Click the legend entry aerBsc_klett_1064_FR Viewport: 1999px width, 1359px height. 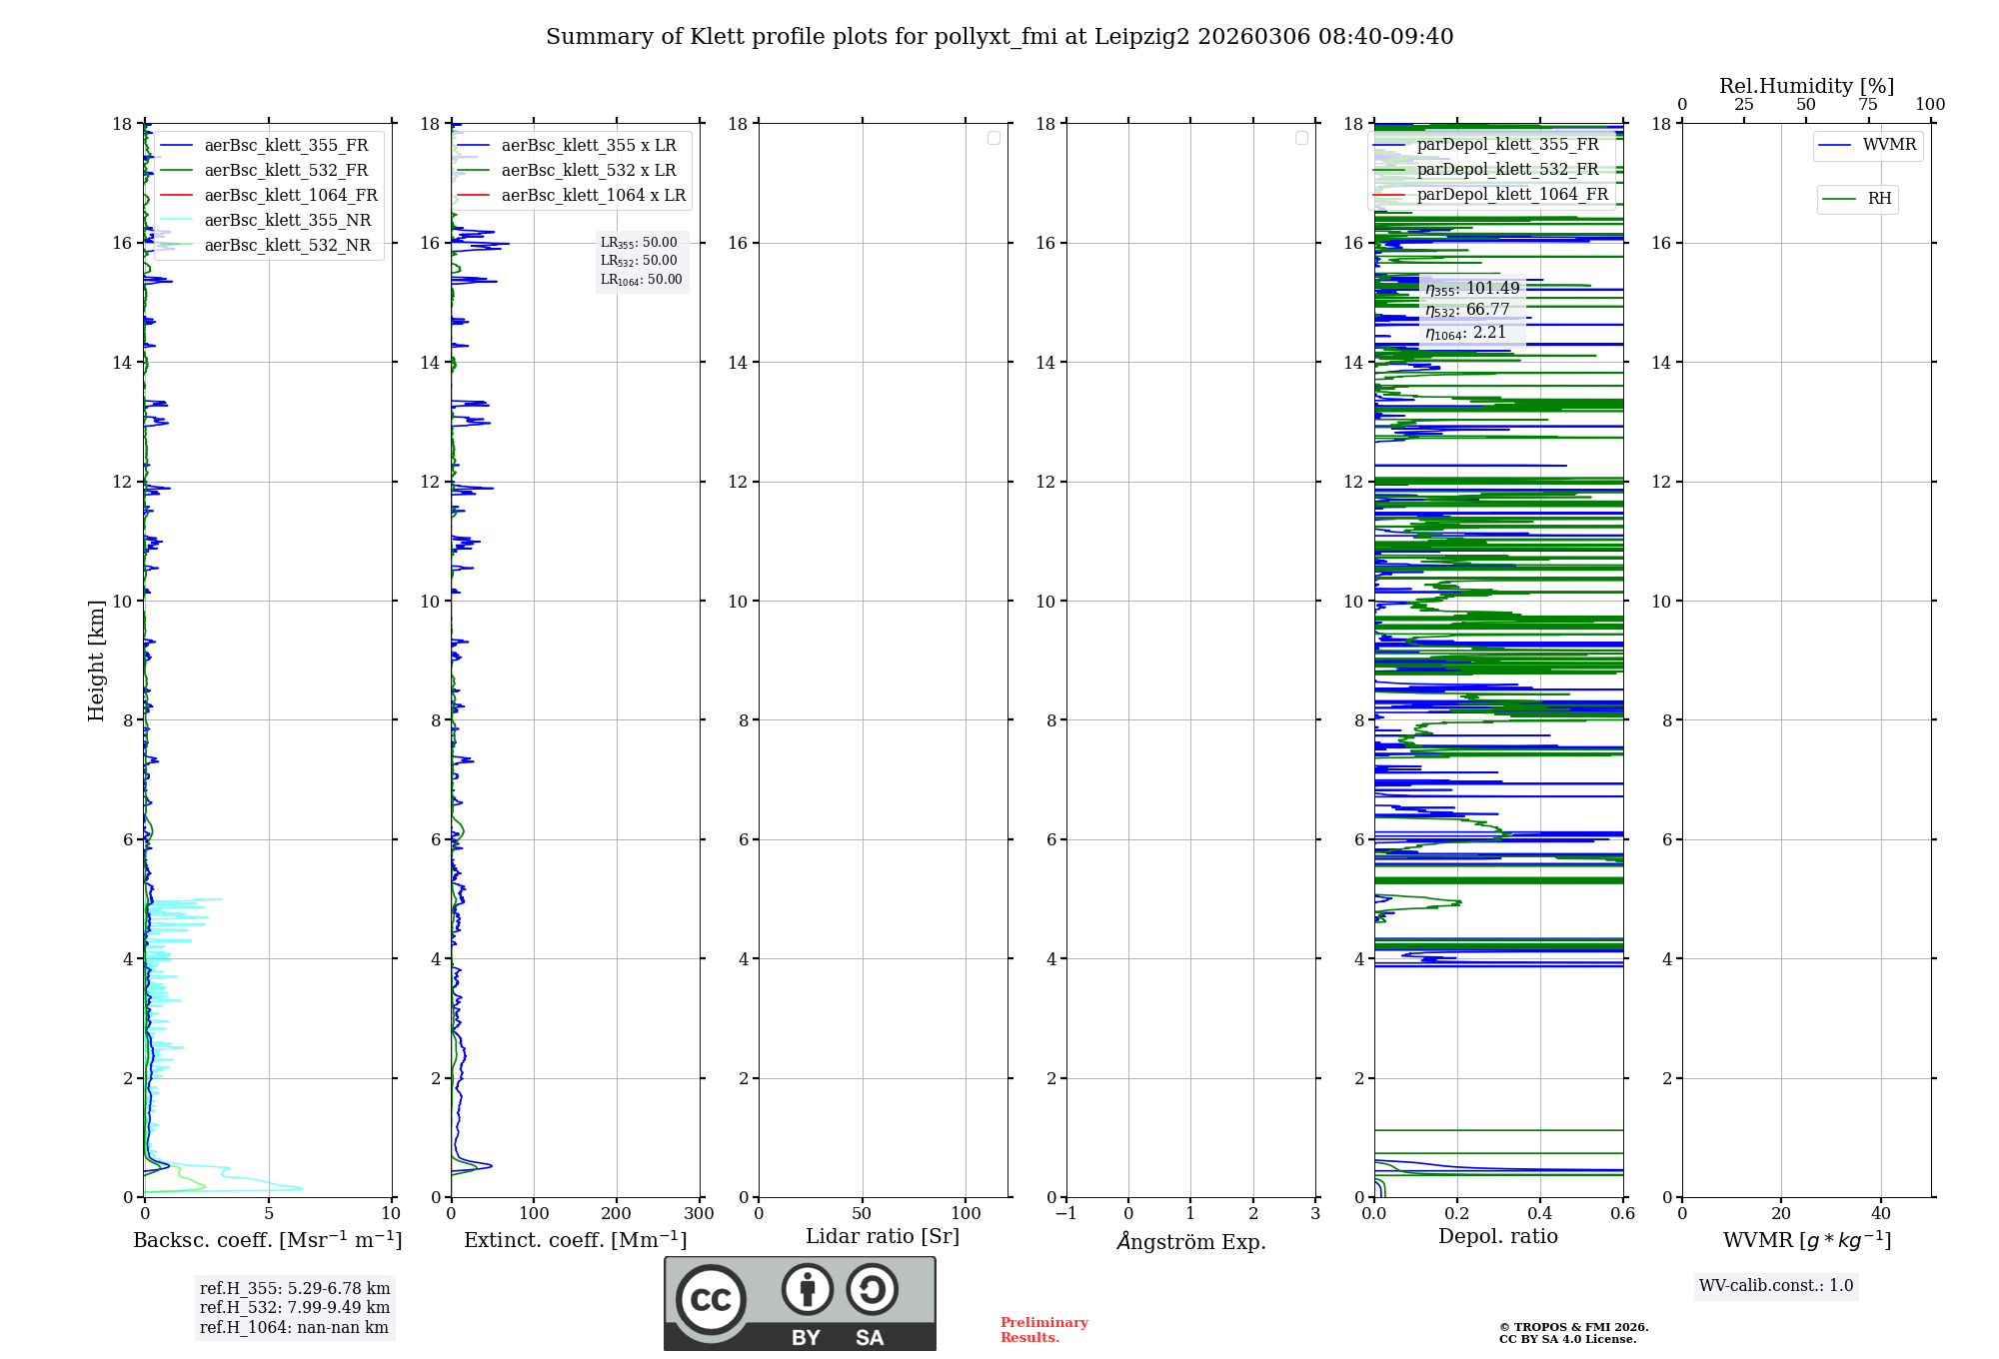(x=290, y=196)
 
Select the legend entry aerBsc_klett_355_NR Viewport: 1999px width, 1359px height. (x=287, y=221)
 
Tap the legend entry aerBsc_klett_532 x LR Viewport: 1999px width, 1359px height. (x=588, y=171)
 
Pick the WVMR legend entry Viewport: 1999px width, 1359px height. (x=1888, y=145)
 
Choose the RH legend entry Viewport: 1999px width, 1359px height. (x=1878, y=199)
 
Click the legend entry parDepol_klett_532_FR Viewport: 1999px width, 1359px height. (x=1507, y=170)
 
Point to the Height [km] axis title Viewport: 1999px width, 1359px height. (x=96, y=661)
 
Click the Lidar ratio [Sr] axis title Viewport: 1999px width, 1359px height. (x=883, y=1237)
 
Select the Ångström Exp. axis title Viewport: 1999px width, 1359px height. (x=1190, y=1242)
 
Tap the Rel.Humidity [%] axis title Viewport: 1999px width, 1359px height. (x=1806, y=86)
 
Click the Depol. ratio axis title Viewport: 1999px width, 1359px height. (x=1497, y=1237)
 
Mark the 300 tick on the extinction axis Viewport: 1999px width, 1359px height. (x=699, y=1214)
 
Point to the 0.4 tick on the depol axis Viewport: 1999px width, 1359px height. (x=1539, y=1214)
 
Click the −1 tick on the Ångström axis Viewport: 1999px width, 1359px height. (x=1065, y=1214)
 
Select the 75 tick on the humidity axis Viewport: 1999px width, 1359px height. (x=1867, y=105)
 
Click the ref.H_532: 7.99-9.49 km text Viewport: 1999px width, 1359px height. (x=295, y=1308)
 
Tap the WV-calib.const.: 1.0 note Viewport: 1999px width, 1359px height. (x=1776, y=1286)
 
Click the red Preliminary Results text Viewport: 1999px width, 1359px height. (x=1043, y=1330)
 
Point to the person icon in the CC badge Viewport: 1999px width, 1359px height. (x=807, y=1290)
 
